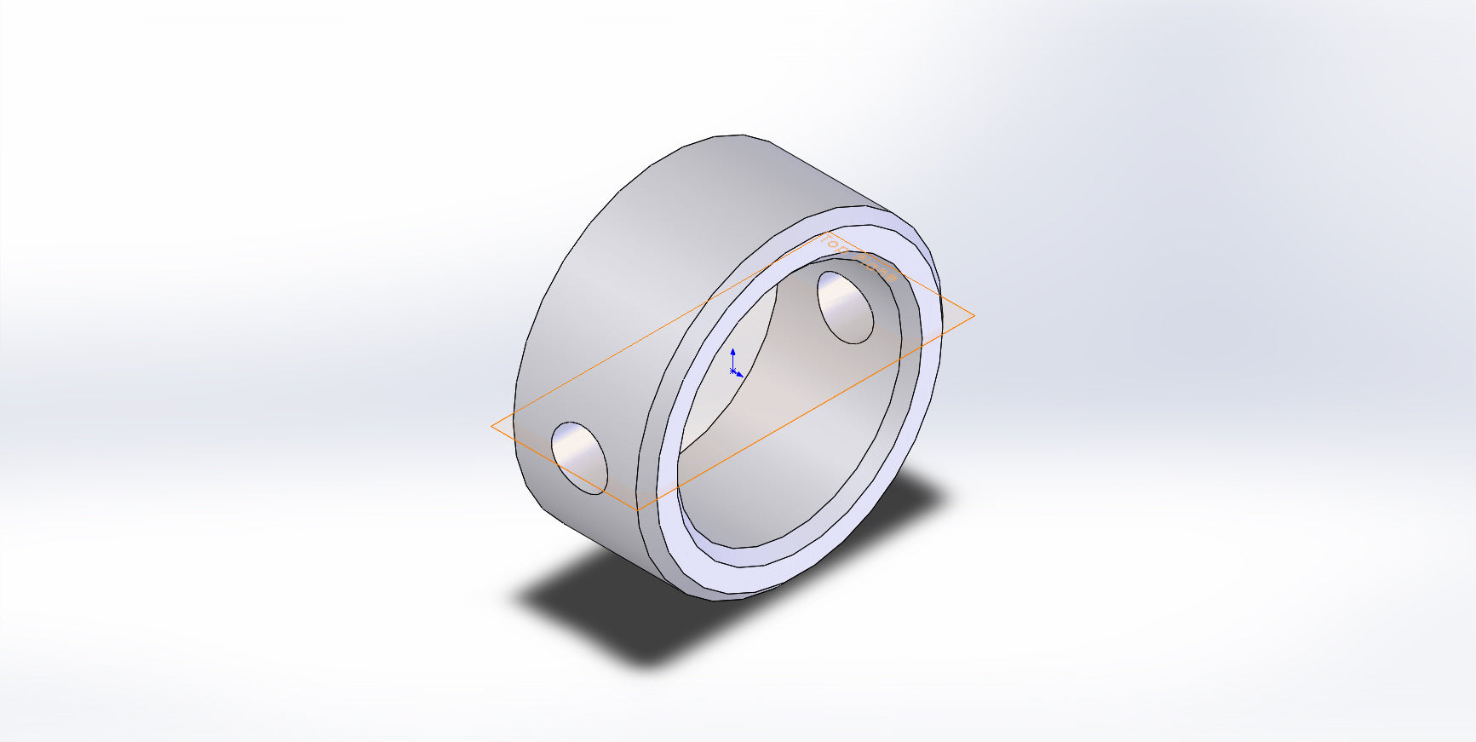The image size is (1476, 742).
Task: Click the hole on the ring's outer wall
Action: click(579, 457)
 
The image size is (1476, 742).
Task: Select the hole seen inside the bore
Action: click(845, 307)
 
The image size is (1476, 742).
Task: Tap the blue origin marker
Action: click(732, 371)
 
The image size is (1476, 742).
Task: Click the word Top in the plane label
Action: click(836, 245)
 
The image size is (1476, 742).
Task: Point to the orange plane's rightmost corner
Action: click(973, 316)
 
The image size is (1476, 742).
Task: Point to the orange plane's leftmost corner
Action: click(492, 426)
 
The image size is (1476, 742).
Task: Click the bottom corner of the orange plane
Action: click(638, 509)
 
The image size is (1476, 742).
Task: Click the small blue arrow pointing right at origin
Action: click(740, 374)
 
